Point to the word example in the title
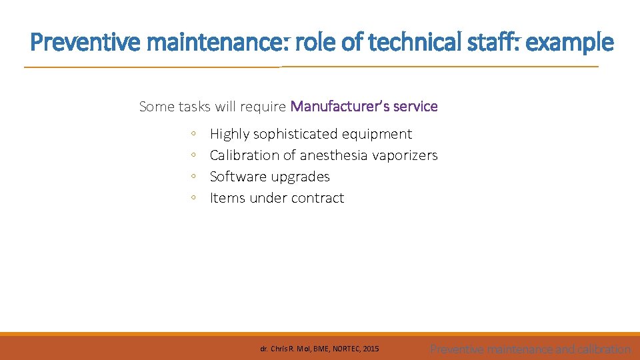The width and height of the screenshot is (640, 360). (x=570, y=43)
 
